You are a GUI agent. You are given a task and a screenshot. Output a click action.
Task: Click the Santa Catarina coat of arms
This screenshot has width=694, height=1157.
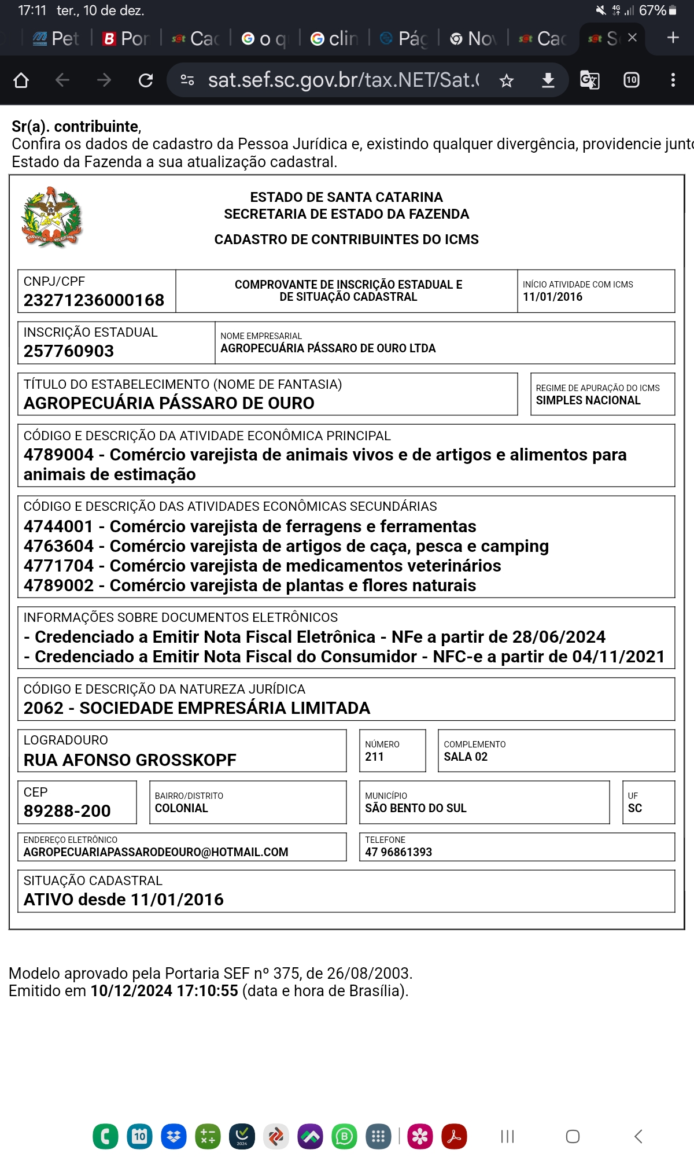tap(52, 218)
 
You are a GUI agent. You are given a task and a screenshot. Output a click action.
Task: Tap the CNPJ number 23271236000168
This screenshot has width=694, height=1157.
tap(94, 300)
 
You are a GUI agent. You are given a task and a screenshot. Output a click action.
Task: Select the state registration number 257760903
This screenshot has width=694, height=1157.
tap(69, 351)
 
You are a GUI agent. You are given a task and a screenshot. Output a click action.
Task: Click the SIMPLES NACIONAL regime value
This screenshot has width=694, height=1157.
tap(588, 400)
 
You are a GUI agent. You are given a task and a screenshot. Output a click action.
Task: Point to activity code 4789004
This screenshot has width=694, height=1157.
tap(58, 455)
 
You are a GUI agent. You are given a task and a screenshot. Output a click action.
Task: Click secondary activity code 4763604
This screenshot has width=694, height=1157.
tap(58, 546)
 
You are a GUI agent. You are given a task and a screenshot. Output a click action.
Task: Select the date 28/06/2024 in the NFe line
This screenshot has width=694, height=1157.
tap(559, 637)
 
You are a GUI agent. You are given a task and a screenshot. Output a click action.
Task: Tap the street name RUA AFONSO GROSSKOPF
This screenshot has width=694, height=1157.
tap(130, 760)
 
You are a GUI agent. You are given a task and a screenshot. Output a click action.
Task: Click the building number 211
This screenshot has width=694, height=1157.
tap(374, 757)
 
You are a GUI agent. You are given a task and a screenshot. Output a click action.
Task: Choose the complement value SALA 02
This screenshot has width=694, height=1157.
tap(466, 757)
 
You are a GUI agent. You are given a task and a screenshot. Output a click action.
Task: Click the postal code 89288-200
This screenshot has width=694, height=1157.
tap(67, 811)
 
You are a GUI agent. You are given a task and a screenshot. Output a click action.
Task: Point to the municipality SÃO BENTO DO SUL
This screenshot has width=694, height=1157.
tap(415, 808)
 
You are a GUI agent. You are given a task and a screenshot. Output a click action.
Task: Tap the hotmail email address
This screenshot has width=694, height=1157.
tap(156, 852)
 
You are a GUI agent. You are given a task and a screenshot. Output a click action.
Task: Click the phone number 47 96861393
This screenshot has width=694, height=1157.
tap(398, 852)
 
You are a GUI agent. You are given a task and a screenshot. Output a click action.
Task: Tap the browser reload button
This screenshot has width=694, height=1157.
tap(146, 80)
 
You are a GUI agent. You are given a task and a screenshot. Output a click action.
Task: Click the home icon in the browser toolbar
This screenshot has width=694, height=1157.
tap(21, 80)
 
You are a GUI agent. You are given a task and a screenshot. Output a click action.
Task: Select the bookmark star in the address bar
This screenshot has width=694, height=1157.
tap(507, 80)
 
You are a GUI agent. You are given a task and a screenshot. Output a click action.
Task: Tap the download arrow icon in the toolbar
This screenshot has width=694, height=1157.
tap(548, 80)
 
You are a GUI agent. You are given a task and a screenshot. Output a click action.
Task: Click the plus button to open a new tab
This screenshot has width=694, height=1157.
tap(673, 38)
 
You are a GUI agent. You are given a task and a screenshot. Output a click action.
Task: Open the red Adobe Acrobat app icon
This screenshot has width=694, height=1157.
tap(454, 1136)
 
